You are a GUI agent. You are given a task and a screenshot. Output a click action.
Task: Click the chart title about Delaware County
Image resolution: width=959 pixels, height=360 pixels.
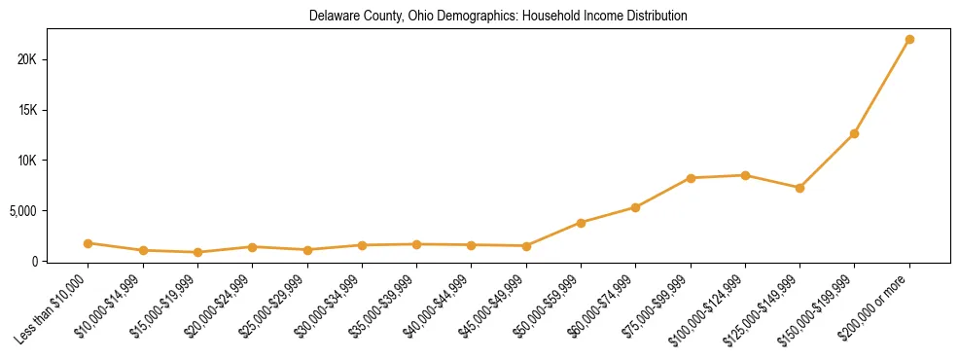[x=498, y=17]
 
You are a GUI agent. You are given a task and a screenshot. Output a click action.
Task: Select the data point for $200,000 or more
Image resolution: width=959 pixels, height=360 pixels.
[x=909, y=40]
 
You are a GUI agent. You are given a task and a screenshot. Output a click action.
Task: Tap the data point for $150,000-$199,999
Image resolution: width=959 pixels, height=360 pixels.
[x=854, y=133]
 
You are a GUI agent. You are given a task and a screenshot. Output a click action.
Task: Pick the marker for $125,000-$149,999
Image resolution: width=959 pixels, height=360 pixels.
[x=799, y=188]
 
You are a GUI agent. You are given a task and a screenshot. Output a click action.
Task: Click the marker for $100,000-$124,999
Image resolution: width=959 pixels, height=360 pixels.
[x=745, y=175]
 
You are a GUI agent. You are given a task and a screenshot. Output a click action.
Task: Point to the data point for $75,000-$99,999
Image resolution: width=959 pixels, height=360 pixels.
[x=691, y=178]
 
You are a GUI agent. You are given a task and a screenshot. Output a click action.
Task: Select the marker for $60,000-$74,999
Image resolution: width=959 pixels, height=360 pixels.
[x=635, y=207]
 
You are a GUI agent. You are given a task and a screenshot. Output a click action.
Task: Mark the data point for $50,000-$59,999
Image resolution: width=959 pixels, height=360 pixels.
[x=581, y=223]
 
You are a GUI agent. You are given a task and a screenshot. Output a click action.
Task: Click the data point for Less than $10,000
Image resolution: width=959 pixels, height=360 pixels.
[x=88, y=243]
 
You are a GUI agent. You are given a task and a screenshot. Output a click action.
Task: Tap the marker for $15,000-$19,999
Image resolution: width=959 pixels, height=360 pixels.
[x=197, y=252]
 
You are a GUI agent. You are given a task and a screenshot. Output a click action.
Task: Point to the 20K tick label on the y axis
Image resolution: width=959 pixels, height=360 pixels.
[x=26, y=59]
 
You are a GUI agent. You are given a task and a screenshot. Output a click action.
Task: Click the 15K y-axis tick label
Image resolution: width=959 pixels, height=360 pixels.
[x=26, y=110]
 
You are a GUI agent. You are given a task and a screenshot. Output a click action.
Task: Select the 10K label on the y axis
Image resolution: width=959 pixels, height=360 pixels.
[x=26, y=161]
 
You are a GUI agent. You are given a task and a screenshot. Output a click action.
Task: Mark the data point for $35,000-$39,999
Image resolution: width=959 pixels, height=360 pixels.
[x=416, y=244]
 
